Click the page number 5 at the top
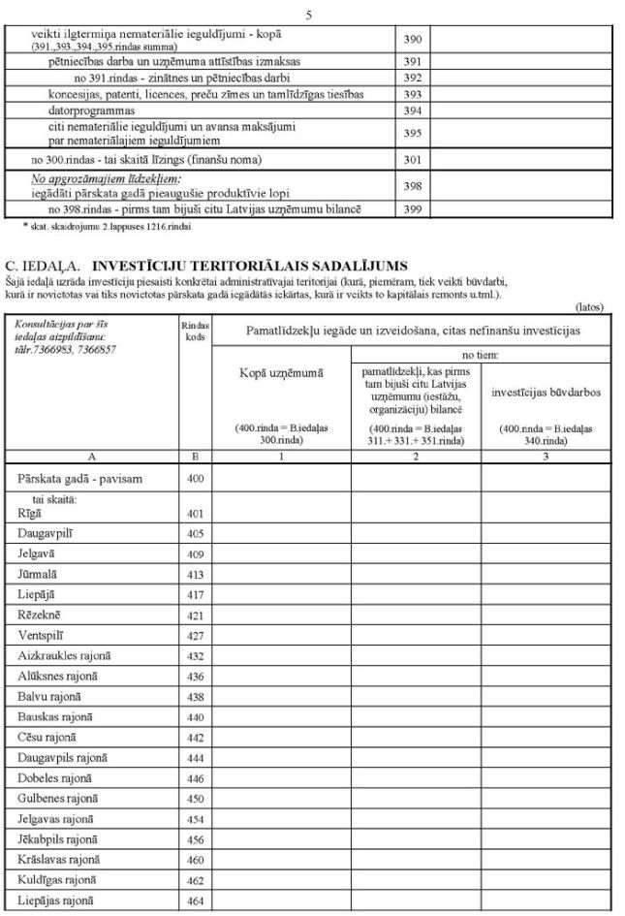click(308, 14)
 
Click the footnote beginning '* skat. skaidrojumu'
click(108, 226)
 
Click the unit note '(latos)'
click(589, 306)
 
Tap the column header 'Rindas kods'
click(195, 331)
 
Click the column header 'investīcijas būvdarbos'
click(546, 393)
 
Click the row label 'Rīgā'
click(30, 513)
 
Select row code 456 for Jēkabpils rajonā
click(195, 838)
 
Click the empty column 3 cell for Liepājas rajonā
click(546, 900)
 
